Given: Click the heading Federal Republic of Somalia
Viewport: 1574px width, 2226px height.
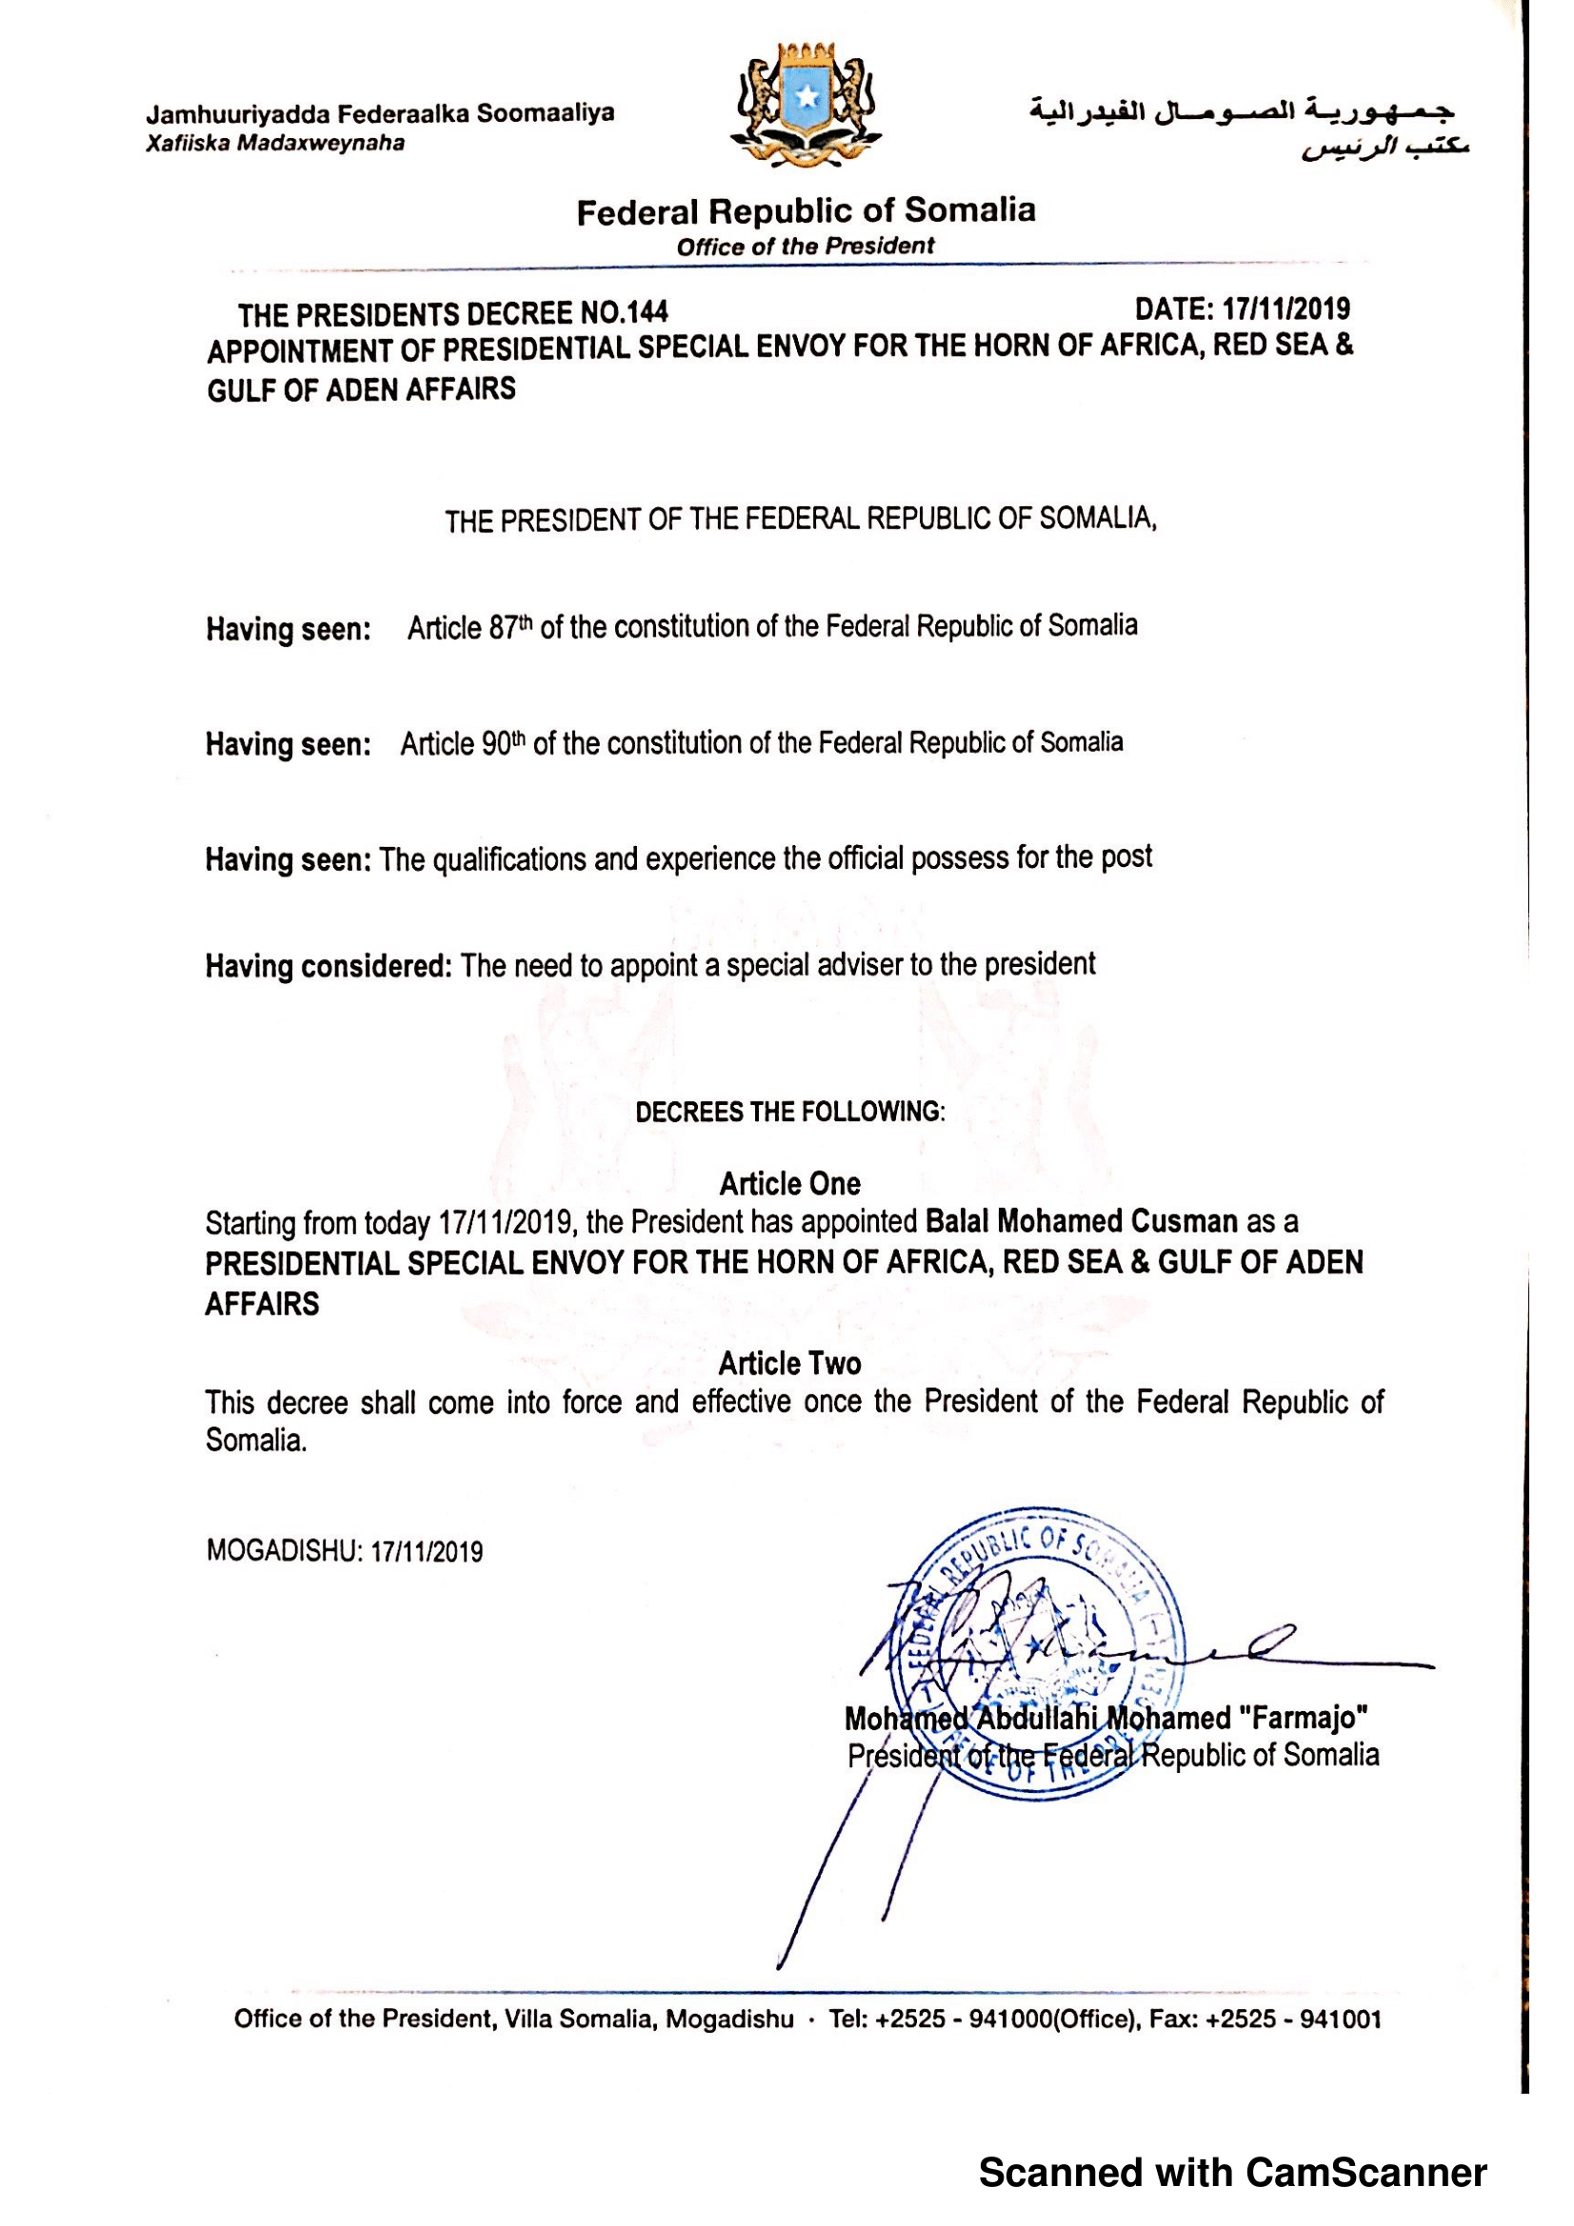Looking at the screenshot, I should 805,210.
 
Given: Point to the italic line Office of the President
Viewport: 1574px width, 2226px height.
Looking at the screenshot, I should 805,246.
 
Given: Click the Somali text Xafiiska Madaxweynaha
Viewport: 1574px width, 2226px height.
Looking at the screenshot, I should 275,144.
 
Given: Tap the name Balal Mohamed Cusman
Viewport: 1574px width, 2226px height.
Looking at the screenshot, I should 1082,1221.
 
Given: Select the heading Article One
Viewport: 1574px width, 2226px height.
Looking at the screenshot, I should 789,1184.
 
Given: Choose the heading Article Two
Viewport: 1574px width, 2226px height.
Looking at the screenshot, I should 789,1363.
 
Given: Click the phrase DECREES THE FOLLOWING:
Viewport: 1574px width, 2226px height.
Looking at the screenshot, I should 789,1111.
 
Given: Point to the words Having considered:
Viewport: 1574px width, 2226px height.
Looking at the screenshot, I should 329,967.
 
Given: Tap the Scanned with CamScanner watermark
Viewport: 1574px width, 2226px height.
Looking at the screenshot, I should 1231,2173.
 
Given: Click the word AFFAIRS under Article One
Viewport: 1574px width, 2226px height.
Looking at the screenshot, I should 262,1304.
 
